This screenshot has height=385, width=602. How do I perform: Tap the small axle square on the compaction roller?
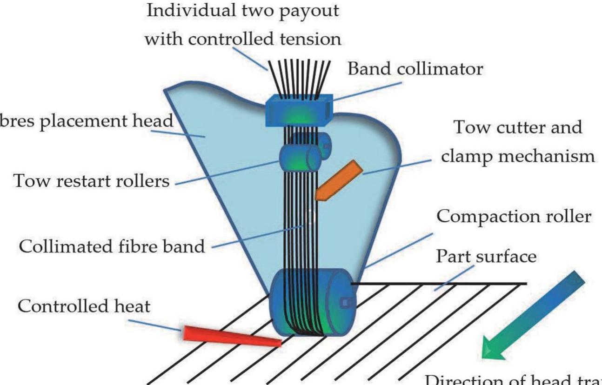[345, 303]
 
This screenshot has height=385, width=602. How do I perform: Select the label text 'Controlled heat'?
[84, 306]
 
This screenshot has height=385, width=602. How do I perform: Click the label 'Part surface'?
[486, 255]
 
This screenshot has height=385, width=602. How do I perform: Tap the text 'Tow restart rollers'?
[92, 180]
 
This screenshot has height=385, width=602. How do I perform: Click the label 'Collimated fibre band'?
[111, 245]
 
